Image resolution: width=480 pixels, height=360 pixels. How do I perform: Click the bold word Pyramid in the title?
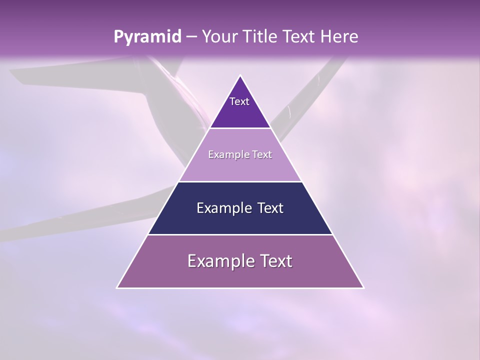coord(147,37)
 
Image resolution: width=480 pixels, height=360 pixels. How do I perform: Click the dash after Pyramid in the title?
coord(191,37)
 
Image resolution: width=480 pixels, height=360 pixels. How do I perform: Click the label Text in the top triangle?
coord(239,101)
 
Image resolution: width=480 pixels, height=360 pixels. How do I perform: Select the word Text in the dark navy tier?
coord(267,208)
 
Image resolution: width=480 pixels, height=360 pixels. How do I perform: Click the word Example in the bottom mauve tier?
coord(218,261)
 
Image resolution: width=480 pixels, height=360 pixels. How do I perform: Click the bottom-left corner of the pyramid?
coord(117,287)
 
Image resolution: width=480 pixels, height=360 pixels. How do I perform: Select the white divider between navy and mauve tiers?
coord(240,234)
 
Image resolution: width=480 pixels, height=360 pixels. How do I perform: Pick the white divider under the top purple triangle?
coord(240,128)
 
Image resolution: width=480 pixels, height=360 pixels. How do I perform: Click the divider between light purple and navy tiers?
coord(240,181)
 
